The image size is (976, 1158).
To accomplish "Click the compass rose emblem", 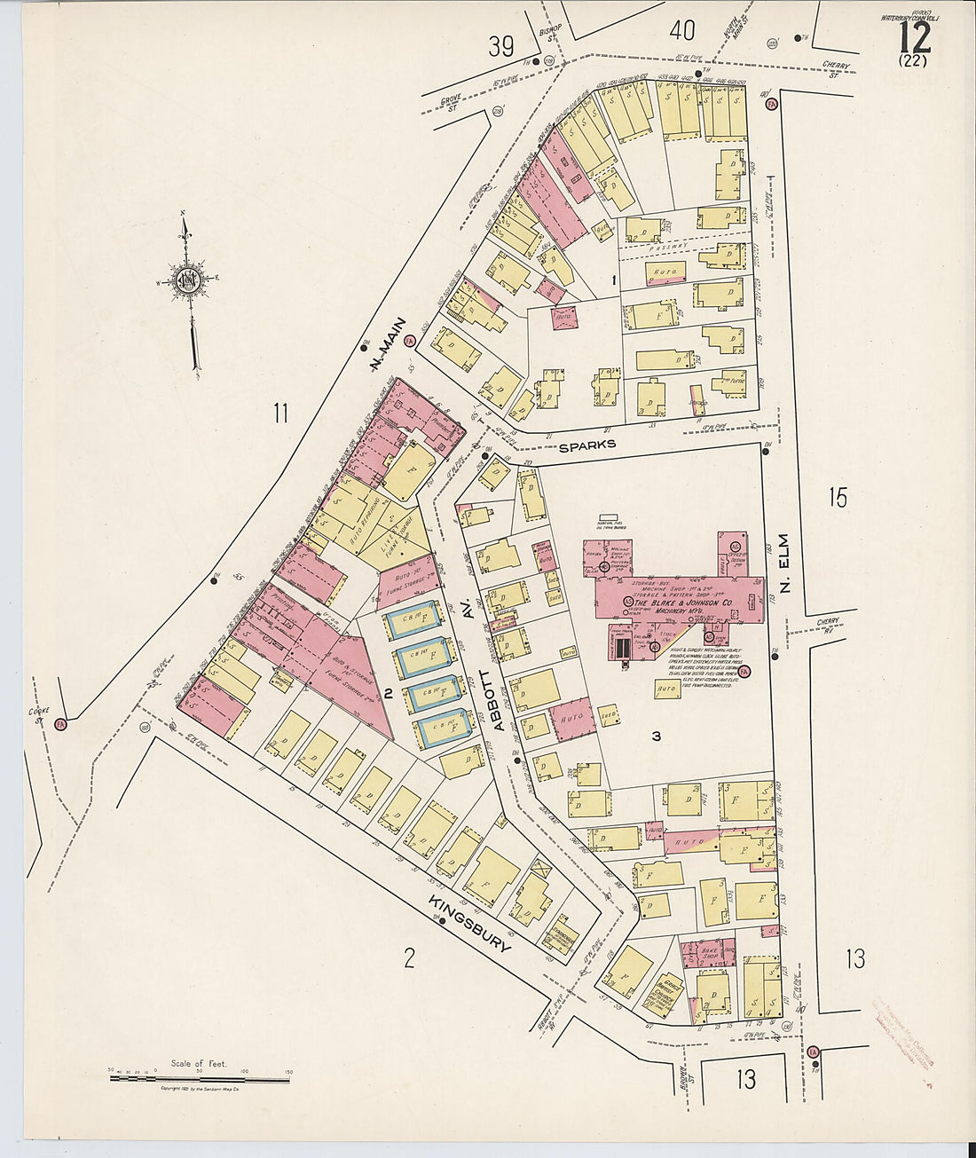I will [188, 282].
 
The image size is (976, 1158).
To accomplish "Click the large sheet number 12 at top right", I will [914, 37].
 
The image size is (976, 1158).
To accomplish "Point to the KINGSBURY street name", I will [470, 923].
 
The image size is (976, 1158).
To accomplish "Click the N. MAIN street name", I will [387, 342].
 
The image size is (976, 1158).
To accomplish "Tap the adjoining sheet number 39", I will [501, 46].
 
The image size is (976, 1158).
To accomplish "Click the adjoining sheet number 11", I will [281, 413].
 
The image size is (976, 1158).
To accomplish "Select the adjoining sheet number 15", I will [838, 498].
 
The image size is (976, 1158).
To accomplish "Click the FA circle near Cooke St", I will [60, 723].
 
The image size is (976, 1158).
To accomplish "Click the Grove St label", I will [453, 107].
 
